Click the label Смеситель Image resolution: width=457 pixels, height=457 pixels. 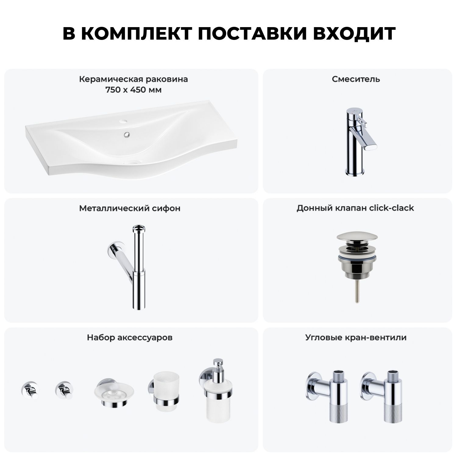tap(356, 79)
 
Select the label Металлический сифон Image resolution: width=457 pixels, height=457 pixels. tap(130, 208)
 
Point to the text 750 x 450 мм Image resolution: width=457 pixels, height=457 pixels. tap(133, 90)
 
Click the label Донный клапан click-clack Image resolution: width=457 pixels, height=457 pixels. tap(355, 208)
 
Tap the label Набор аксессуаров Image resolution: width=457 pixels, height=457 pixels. tap(130, 338)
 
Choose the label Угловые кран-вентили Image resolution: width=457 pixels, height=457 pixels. tap(356, 338)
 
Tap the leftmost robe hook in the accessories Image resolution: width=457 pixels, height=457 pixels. tap(29, 390)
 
